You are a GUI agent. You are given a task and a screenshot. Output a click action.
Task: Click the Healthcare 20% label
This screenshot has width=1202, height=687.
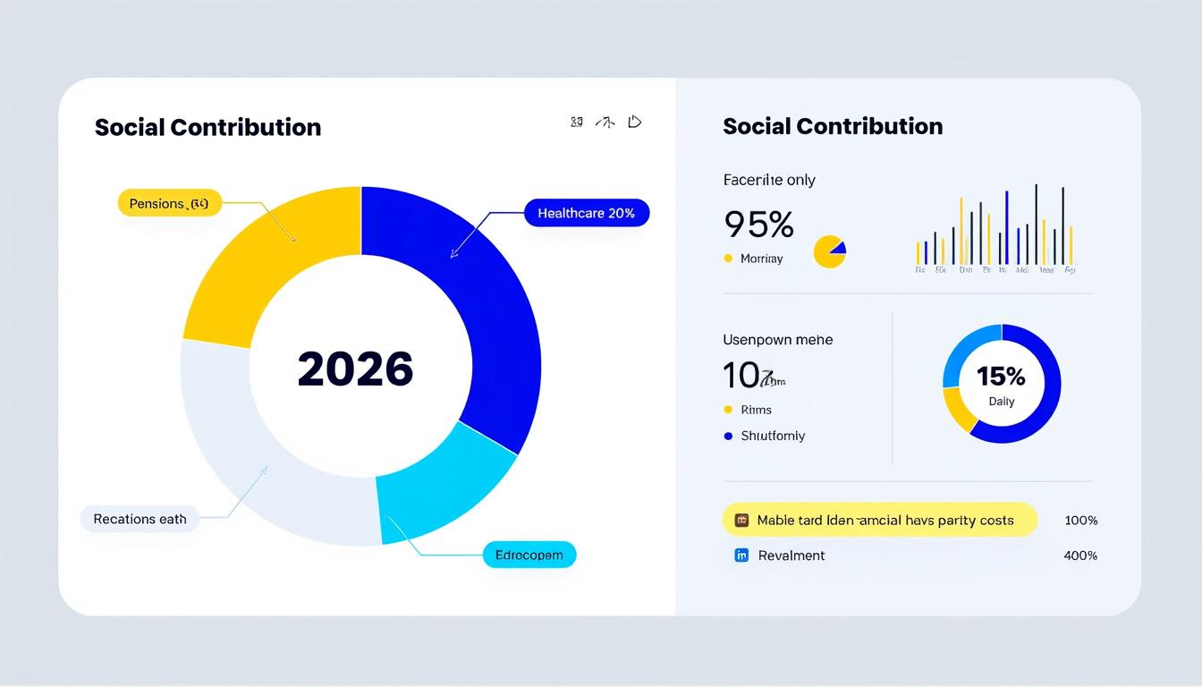[586, 213]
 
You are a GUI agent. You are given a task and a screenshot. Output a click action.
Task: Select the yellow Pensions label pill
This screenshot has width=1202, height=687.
[169, 204]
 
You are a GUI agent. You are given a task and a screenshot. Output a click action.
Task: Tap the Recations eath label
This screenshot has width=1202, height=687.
[140, 519]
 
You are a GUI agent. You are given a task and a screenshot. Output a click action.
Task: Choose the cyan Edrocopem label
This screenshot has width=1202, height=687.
[529, 555]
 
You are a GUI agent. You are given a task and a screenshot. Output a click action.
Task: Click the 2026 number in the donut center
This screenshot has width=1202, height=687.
[355, 369]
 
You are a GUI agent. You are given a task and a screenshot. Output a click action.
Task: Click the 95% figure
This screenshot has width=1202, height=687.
[758, 225]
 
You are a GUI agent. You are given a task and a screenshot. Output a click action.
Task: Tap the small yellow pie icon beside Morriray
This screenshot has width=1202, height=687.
[829, 252]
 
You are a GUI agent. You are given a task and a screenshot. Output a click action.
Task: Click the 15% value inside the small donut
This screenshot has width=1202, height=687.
[1001, 377]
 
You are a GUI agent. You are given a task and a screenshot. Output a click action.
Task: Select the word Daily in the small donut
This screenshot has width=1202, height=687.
[1002, 402]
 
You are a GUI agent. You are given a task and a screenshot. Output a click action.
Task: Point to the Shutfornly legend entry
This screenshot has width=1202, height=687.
[772, 436]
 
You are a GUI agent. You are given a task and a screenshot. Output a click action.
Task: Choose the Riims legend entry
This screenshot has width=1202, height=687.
[756, 410]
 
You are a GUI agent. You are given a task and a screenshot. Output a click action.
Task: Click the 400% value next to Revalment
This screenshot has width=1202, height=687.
[1080, 556]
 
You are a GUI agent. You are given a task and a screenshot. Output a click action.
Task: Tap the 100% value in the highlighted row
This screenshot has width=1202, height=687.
[1080, 520]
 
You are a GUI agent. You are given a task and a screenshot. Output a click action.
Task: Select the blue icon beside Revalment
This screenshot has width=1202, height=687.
[741, 556]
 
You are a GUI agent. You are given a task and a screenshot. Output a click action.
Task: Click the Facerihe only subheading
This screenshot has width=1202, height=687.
[769, 180]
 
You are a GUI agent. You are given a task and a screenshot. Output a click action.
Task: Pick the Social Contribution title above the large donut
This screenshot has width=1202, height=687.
[207, 127]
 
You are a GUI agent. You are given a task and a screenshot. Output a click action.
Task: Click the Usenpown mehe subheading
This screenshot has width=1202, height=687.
[777, 340]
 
